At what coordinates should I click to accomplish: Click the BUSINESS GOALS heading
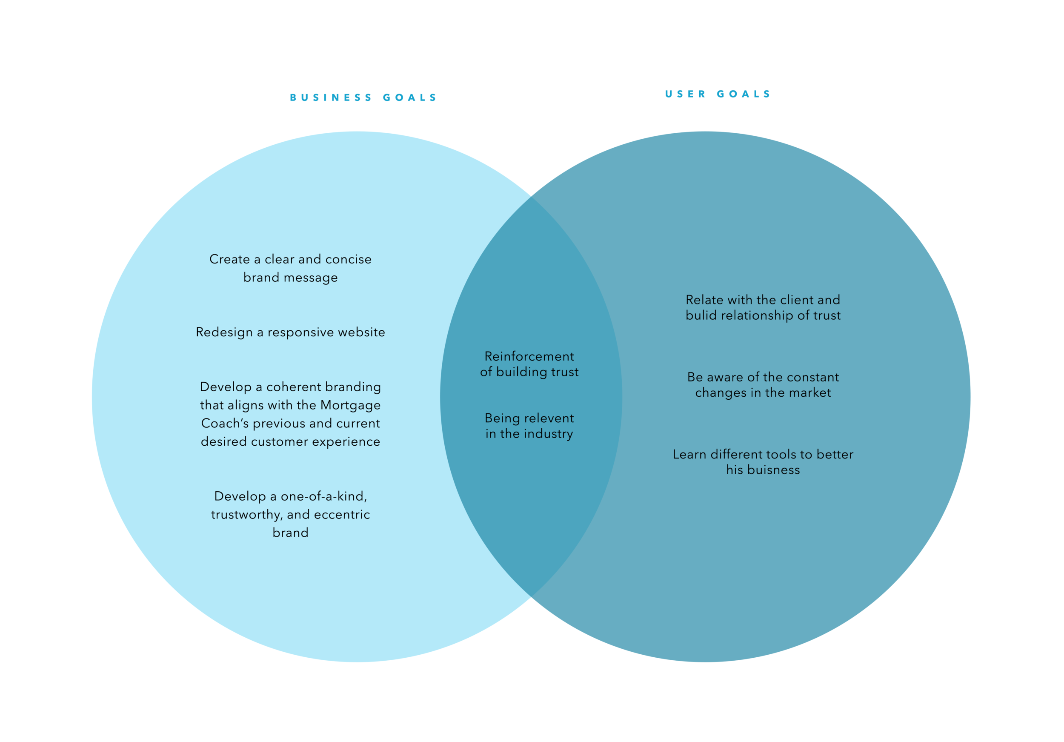[x=363, y=98]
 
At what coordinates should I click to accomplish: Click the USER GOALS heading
[x=718, y=94]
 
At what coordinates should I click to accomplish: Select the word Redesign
[x=224, y=333]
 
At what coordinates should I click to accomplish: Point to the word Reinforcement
[x=529, y=356]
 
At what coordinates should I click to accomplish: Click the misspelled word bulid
[x=701, y=315]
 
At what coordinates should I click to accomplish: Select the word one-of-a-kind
[x=323, y=496]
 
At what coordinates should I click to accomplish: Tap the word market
[x=810, y=393]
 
